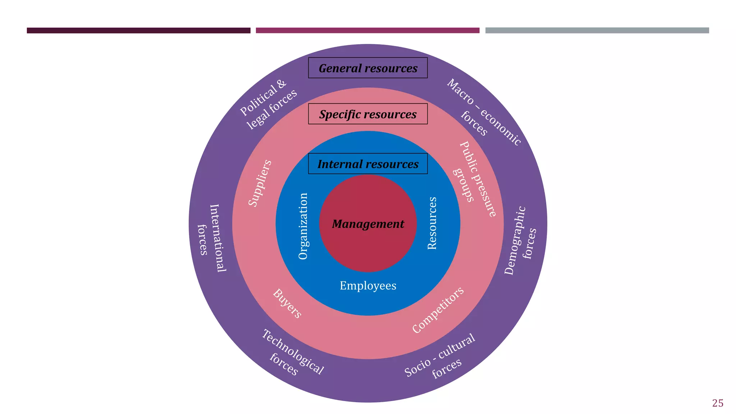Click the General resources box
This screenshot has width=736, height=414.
tap(368, 68)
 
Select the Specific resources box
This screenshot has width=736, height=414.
tap(368, 114)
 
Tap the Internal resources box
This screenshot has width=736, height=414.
tap(368, 164)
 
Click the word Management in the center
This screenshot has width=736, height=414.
tap(368, 224)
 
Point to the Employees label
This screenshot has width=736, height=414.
tap(368, 286)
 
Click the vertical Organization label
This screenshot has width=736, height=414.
tap(303, 226)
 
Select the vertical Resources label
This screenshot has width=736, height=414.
tap(432, 223)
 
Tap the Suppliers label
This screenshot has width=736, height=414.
tap(260, 183)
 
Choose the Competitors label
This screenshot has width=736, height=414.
tap(438, 310)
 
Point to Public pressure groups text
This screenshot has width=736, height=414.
tap(474, 178)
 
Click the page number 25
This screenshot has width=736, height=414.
tap(717, 403)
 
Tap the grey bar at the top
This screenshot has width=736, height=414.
tap(597, 31)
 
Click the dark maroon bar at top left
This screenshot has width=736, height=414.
tap(138, 31)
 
